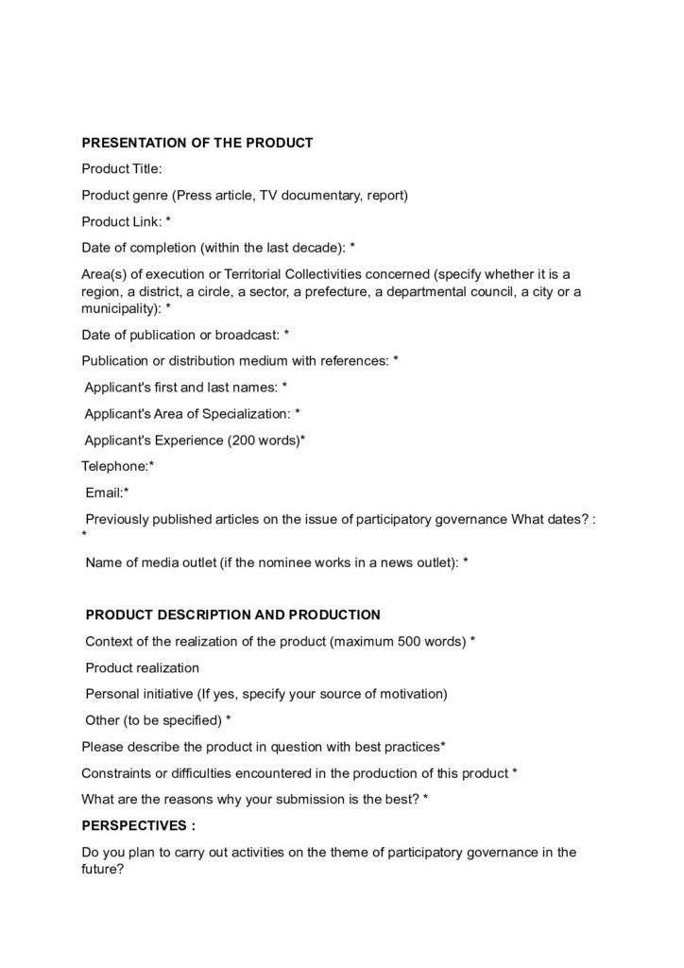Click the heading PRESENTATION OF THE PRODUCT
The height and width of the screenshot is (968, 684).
197,143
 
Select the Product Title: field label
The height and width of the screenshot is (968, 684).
122,169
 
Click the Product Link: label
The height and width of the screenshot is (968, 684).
123,221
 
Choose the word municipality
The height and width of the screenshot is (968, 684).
120,308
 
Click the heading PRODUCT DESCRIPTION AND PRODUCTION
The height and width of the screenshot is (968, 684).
233,614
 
